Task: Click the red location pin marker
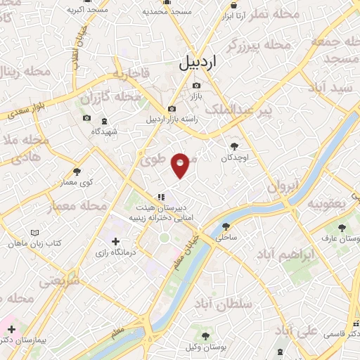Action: [181, 165]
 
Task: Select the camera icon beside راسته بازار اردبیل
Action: [172, 109]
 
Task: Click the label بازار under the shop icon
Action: [198, 94]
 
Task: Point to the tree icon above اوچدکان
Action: [234, 146]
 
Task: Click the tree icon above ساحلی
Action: [226, 226]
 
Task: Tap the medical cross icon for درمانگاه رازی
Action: [115, 241]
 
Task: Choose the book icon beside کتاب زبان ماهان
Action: [36, 232]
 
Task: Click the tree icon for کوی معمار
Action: [77, 171]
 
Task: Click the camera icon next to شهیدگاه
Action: [87, 118]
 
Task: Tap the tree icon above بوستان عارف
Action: [342, 229]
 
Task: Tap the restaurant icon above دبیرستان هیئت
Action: [161, 197]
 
